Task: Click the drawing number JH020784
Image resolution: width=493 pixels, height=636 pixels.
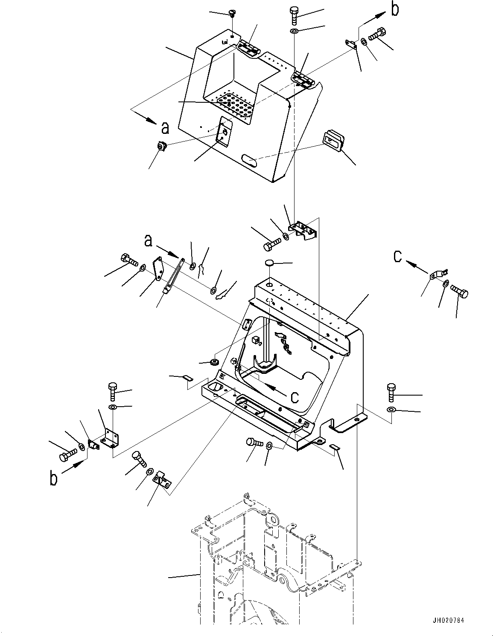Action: click(449, 620)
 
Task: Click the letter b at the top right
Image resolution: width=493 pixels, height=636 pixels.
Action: click(395, 10)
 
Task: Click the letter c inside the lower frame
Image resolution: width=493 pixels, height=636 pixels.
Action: click(295, 397)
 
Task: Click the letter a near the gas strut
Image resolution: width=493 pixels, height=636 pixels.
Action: click(148, 241)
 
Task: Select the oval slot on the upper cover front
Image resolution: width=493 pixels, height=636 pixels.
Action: click(249, 160)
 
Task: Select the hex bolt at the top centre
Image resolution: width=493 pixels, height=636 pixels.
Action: click(295, 16)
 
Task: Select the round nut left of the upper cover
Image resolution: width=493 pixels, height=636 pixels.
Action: click(161, 147)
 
